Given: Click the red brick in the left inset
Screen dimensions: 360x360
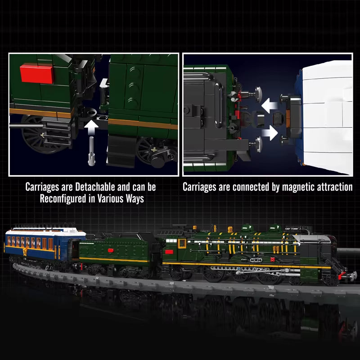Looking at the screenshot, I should (x=37, y=72).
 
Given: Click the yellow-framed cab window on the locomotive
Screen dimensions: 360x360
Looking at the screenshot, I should (x=182, y=243).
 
